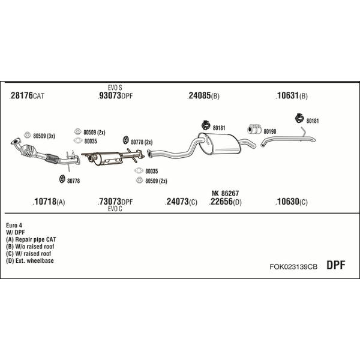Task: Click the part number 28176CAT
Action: pyautogui.click(x=28, y=96)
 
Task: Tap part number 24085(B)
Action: pyautogui.click(x=204, y=96)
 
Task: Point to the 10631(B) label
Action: pyautogui.click(x=292, y=96)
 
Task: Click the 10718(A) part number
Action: pyautogui.click(x=49, y=202)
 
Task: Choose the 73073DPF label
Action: pyautogui.click(x=115, y=202)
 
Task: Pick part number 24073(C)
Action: pyautogui.click(x=181, y=202)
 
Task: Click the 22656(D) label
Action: pyautogui.click(x=225, y=202)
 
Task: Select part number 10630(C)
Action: pyautogui.click(x=292, y=202)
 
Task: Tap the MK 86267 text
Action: pyautogui.click(x=225, y=193)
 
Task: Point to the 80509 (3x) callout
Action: pyautogui.click(x=44, y=136)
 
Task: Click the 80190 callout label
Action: pyautogui.click(x=269, y=131)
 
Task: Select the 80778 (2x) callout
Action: pyautogui.click(x=142, y=142)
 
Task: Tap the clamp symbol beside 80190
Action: pyautogui.click(x=253, y=129)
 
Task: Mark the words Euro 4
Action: pyautogui.click(x=14, y=225)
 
